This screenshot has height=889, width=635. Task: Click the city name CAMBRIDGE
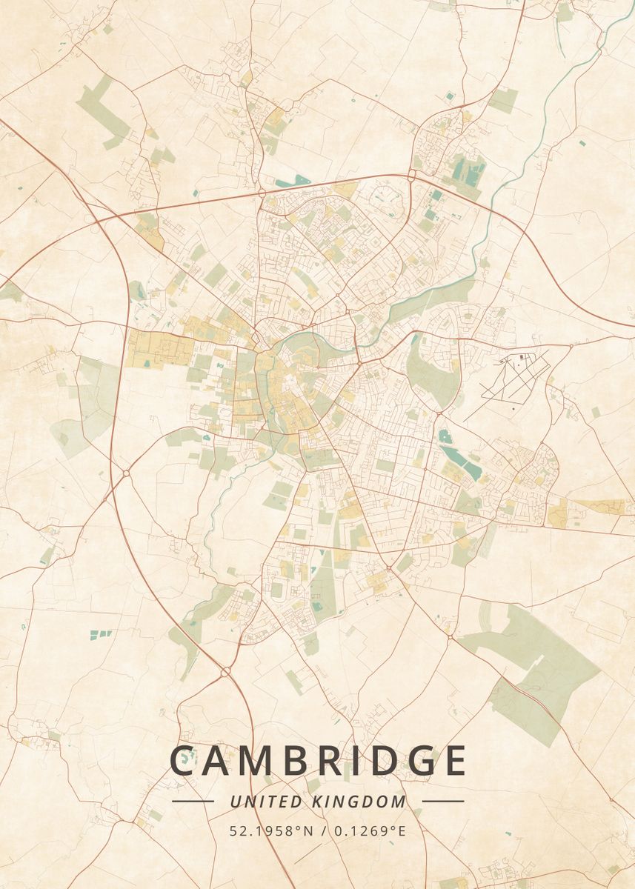(319, 761)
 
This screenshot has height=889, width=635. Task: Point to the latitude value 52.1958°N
(267, 830)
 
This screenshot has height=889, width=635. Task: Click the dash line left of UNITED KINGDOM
(193, 802)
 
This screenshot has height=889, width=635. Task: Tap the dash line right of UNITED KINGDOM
(443, 802)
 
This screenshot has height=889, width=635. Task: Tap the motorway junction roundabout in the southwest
(225, 672)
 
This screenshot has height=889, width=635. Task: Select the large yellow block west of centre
(159, 348)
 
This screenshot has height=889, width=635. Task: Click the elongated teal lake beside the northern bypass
(293, 180)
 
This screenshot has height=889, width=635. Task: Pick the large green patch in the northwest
(104, 111)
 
